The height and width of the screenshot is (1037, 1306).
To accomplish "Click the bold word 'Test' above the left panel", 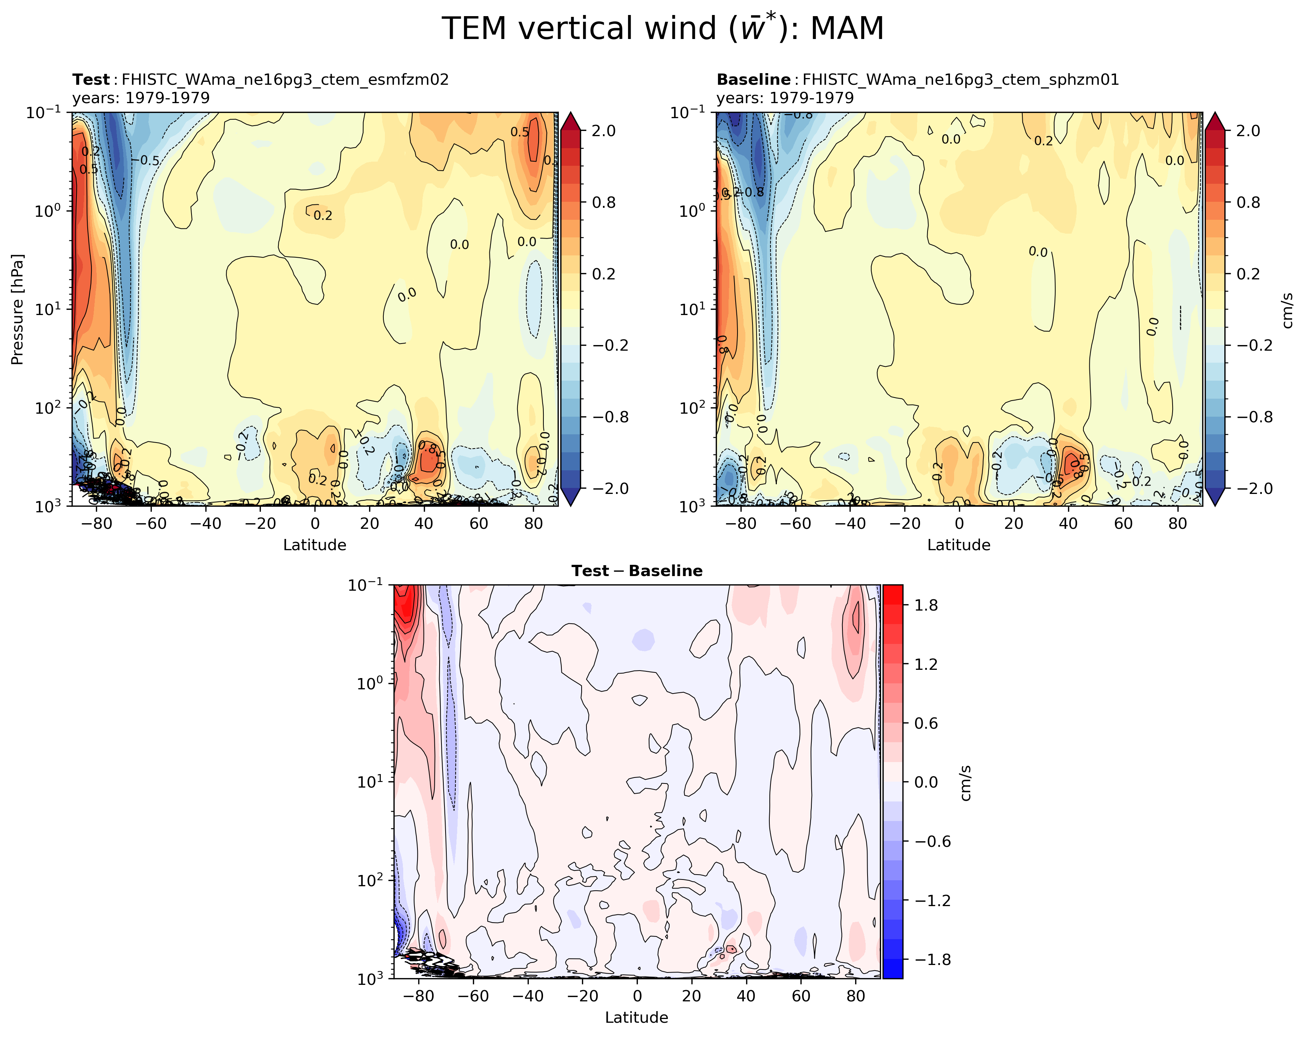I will pos(91,80).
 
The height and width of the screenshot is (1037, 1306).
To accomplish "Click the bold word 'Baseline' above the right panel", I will pos(753,80).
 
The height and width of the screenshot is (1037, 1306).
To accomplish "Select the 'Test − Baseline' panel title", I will pos(637,571).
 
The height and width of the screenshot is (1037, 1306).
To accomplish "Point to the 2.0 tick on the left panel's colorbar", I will pos(603,131).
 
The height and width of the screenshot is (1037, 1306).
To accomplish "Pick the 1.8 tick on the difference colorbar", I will pos(926,605).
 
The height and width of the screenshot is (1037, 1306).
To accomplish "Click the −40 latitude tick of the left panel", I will pos(205,524).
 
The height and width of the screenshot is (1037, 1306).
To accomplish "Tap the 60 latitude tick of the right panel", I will pos(1123,524).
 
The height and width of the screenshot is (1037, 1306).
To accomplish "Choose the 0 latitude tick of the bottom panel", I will pos(637,996).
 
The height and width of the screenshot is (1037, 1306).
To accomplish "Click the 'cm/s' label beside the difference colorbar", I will pos(966,783).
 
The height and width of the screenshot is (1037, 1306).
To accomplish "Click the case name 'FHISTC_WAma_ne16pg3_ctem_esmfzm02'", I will pos(285,80).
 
